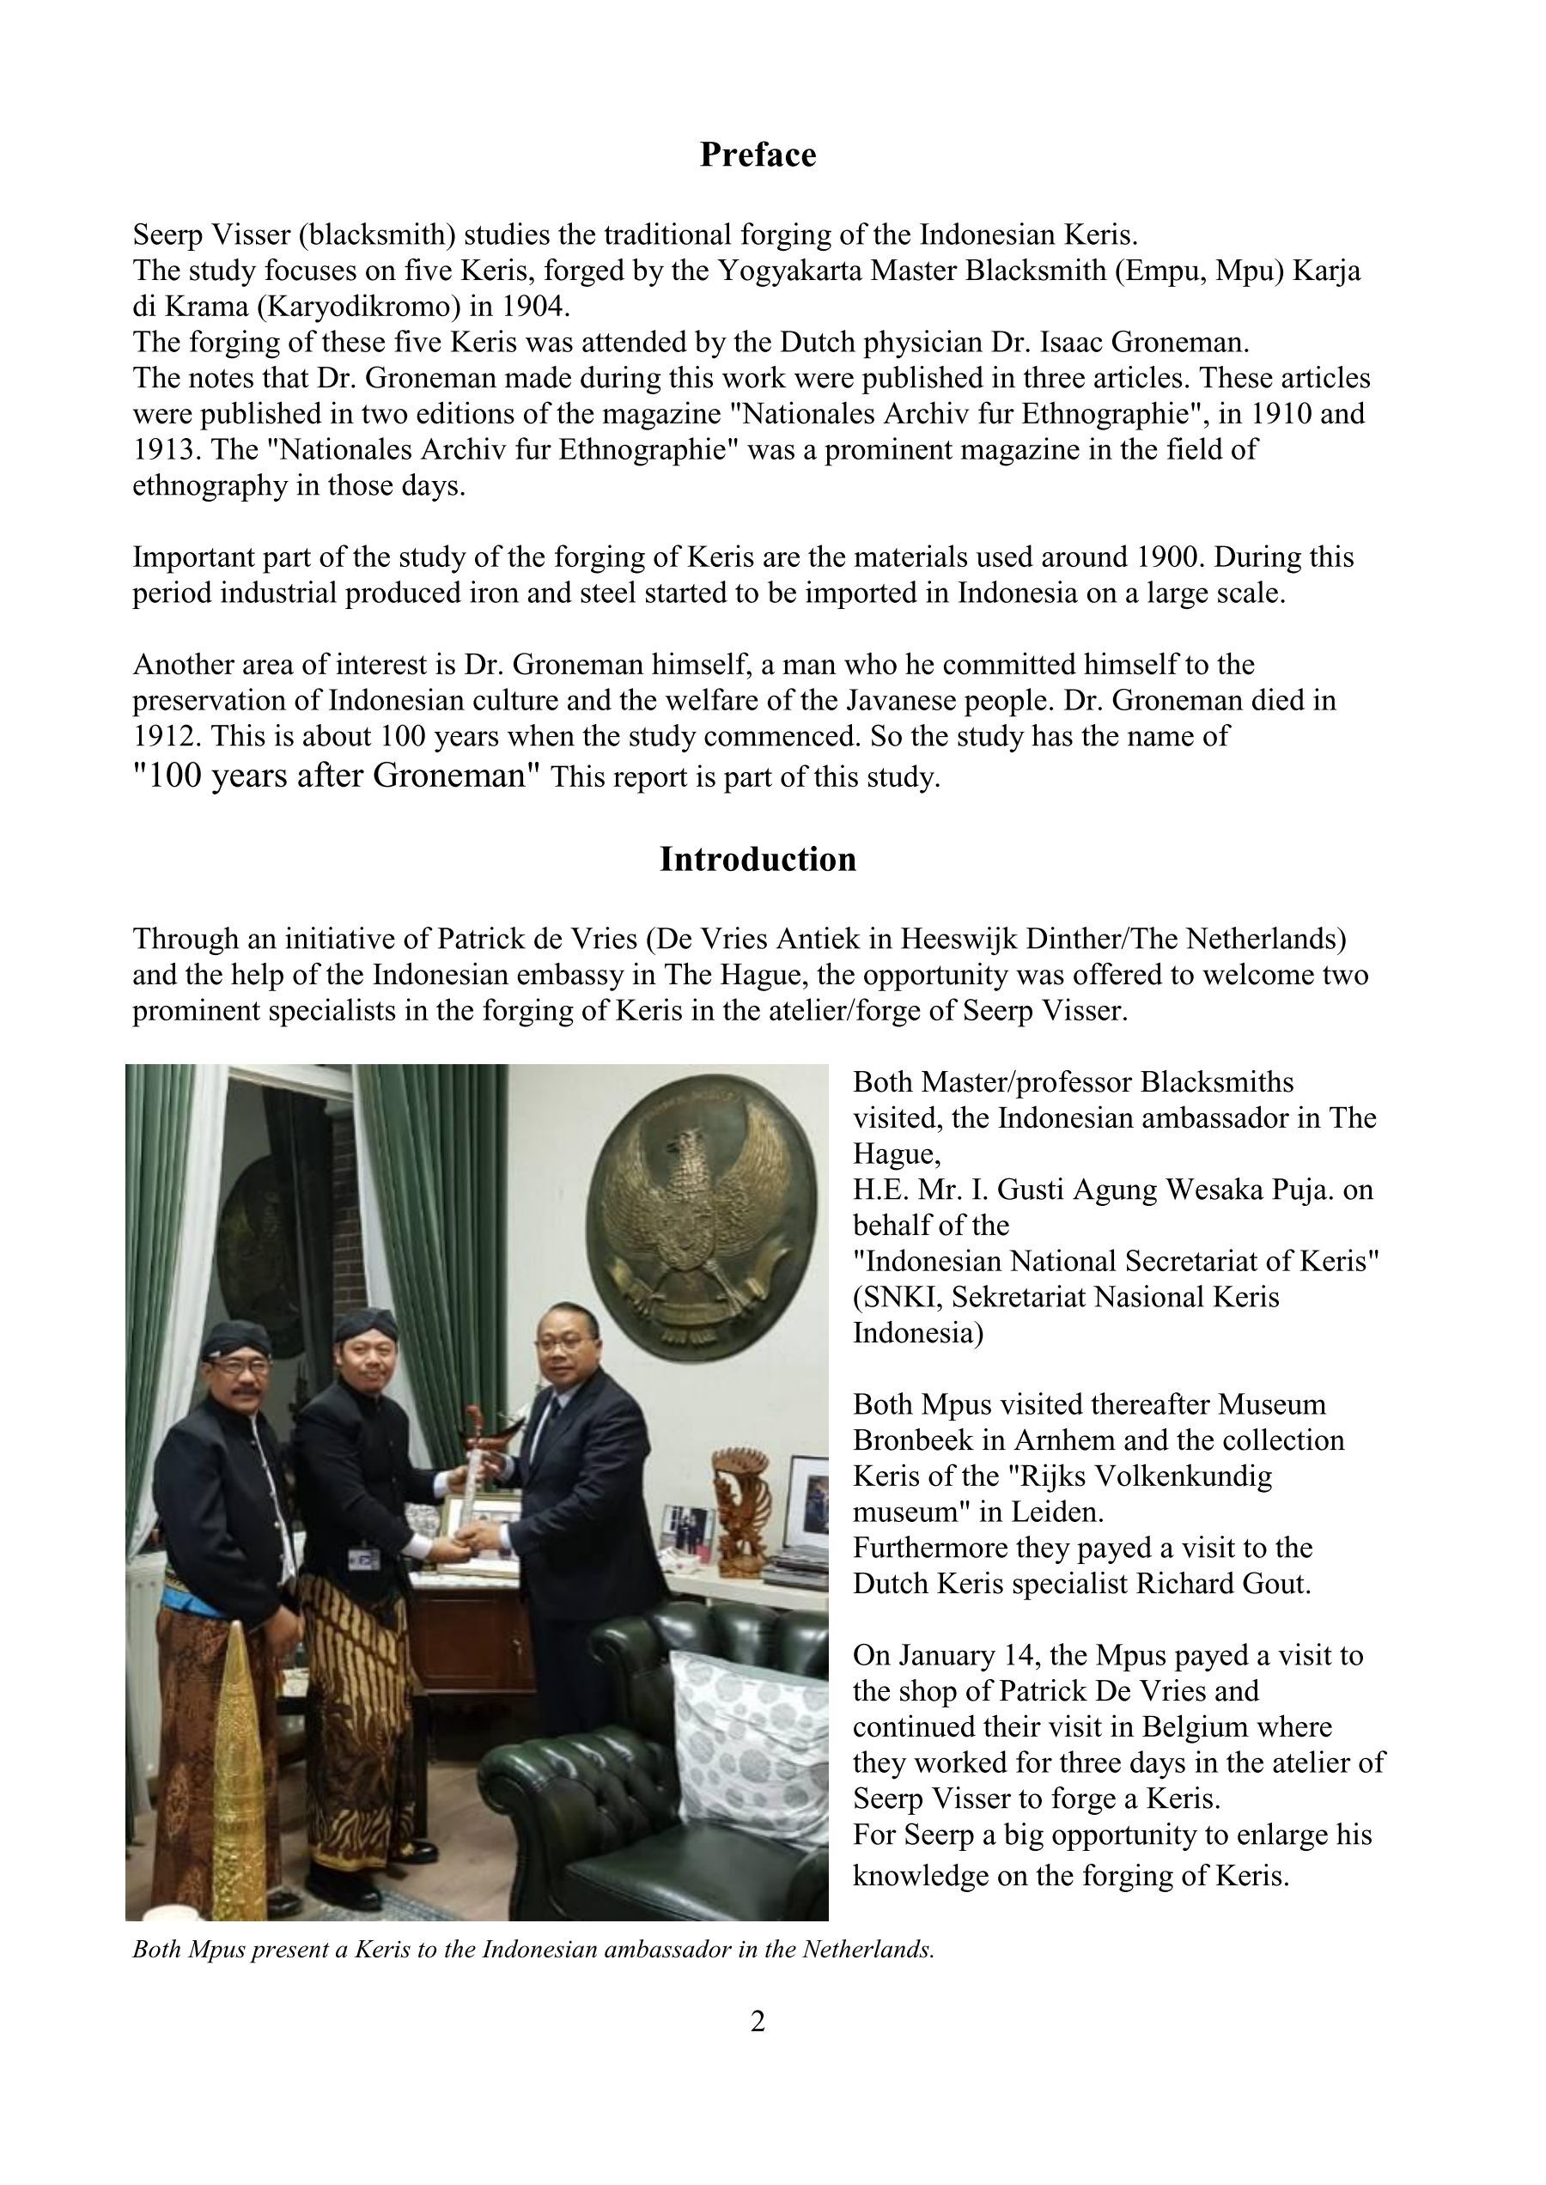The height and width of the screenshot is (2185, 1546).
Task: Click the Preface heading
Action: coord(758,155)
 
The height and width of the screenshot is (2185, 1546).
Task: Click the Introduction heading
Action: coord(758,859)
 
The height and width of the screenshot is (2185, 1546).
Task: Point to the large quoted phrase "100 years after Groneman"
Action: coord(336,776)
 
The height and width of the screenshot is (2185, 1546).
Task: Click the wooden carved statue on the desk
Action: coord(735,1514)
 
